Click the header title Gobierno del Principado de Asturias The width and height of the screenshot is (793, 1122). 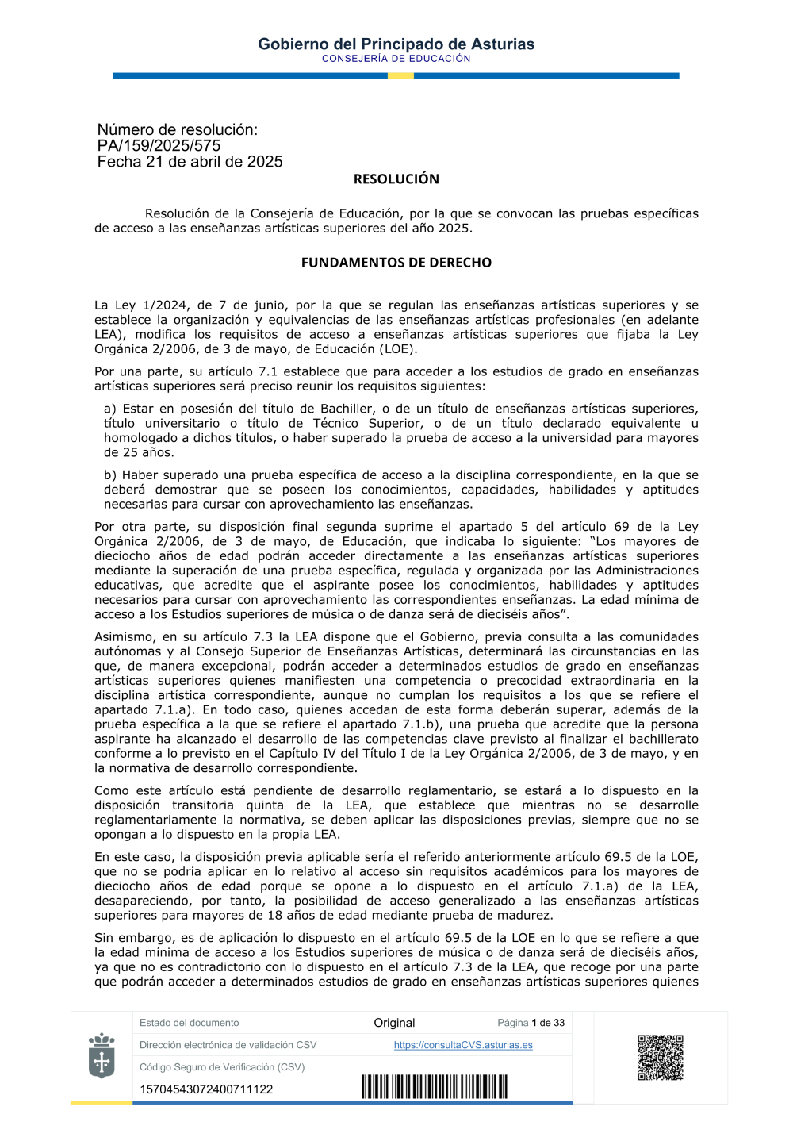click(396, 44)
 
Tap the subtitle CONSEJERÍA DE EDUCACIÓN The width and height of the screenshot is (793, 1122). click(396, 59)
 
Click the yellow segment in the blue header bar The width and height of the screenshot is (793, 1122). click(400, 75)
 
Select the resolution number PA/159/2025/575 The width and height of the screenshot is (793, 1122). click(159, 146)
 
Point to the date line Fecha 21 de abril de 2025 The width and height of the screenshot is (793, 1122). click(190, 162)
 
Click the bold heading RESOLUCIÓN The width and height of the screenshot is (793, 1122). click(396, 179)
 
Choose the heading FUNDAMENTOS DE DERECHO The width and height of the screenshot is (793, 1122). click(396, 263)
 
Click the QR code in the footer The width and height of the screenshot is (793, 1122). click(660, 1057)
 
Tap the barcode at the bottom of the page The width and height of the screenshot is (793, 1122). click(435, 1086)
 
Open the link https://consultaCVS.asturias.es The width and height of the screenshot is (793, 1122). click(463, 1045)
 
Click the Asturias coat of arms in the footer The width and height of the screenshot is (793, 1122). click(102, 1055)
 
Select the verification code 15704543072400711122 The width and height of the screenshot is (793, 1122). click(206, 1089)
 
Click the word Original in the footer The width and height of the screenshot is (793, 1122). click(394, 1023)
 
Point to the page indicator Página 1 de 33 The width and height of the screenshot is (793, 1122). click(531, 1023)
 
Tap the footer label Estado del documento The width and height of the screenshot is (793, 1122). click(189, 1023)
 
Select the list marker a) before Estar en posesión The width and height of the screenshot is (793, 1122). click(110, 409)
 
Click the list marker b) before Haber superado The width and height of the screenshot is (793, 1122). click(110, 475)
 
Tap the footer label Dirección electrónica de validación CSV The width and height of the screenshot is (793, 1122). click(228, 1045)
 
